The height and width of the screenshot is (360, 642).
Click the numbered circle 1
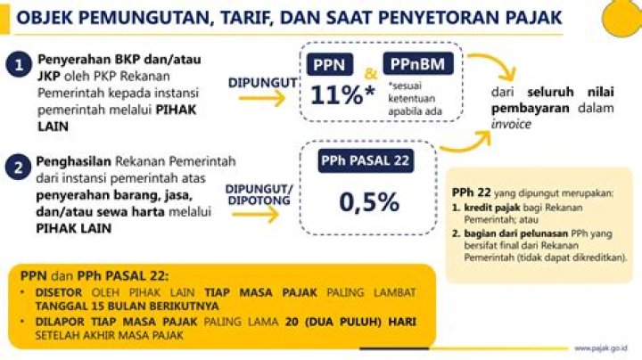click(19, 65)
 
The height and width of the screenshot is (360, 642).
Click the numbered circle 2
click(18, 167)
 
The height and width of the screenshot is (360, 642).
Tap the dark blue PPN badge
click(330, 65)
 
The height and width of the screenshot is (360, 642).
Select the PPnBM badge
click(418, 64)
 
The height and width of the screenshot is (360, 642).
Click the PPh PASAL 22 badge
click(366, 160)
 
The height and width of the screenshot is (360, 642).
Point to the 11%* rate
click(342, 95)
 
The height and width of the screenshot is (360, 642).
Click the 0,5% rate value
click(369, 201)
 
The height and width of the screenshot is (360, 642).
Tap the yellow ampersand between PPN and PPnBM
click(371, 74)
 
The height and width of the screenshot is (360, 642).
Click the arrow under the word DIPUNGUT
click(262, 98)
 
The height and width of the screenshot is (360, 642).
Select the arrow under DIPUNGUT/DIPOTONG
click(256, 215)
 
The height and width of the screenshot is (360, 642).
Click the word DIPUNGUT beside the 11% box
click(262, 83)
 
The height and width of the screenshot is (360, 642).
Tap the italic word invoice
click(511, 124)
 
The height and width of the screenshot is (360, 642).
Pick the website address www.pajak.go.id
click(601, 348)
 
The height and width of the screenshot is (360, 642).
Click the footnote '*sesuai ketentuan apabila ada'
click(416, 99)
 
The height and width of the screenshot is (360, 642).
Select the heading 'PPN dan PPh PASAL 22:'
click(95, 275)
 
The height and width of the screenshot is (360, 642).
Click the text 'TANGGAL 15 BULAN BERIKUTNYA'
click(127, 306)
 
